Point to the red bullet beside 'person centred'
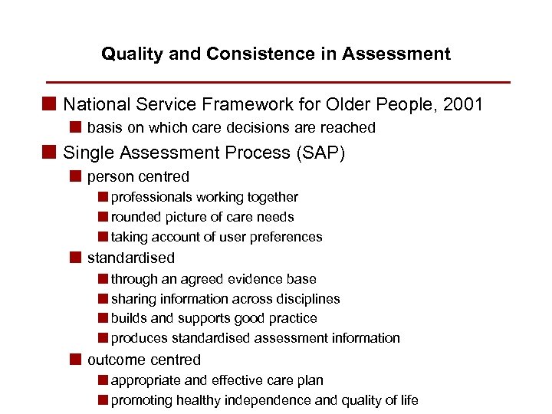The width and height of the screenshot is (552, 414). pyautogui.click(x=74, y=177)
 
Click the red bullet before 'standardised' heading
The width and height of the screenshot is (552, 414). pyautogui.click(x=74, y=258)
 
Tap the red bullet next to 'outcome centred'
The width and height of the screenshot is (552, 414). pyautogui.click(x=74, y=360)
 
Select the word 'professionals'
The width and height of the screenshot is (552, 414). pyautogui.click(x=150, y=198)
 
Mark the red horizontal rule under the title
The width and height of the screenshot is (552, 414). pyautogui.click(x=278, y=81)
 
